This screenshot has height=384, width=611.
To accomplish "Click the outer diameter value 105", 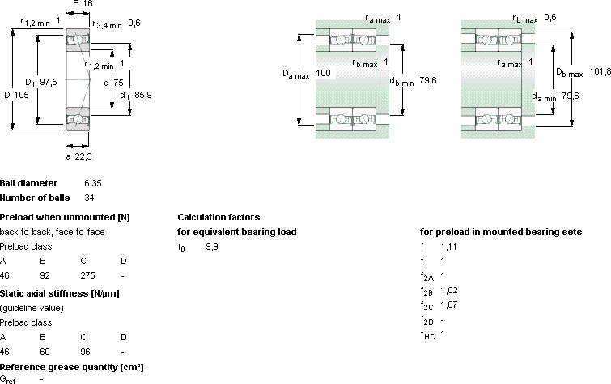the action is coord(21,95).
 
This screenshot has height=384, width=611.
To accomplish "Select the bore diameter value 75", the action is coord(118,83).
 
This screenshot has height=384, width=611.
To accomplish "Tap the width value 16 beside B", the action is coord(87,4).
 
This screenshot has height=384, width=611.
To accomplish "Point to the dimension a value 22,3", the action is coord(83,156).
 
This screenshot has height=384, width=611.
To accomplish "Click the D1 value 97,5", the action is coord(49,82).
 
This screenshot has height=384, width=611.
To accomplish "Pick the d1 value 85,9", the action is coord(143,95).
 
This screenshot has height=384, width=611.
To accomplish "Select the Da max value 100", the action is coord(323,73).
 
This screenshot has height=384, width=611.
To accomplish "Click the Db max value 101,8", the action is coord(600,71).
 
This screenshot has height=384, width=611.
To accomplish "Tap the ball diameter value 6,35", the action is coord(93,183).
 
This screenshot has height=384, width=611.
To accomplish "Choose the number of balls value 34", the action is coord(89,198).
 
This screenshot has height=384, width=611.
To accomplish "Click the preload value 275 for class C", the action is coord(87,275).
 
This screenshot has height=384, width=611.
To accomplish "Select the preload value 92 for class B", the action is coord(45,275).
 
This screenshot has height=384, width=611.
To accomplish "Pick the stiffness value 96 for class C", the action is coord(85,352).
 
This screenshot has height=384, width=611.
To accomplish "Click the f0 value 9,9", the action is coord(212,246).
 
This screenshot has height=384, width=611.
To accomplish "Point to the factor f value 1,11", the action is coord(448,246).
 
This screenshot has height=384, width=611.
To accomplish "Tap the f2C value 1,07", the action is coord(449,305).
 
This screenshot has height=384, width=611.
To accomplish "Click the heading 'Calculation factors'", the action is coord(219,217).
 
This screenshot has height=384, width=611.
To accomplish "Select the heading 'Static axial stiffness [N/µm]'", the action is coord(60,293).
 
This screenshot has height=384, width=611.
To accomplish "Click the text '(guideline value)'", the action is coord(32,308).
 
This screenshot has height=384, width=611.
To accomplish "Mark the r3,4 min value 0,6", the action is coord(134,23).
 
